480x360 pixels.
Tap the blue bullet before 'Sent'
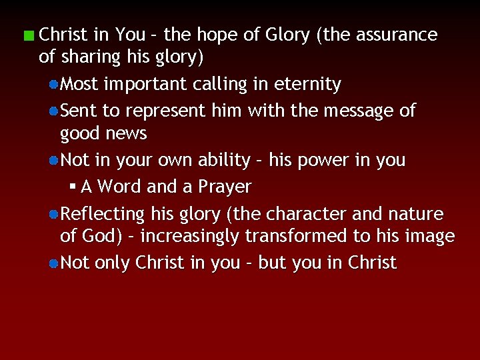[53, 111]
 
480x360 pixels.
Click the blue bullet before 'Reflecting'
[53, 215]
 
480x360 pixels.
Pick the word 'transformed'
[293, 237]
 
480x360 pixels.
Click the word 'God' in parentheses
[103, 237]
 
